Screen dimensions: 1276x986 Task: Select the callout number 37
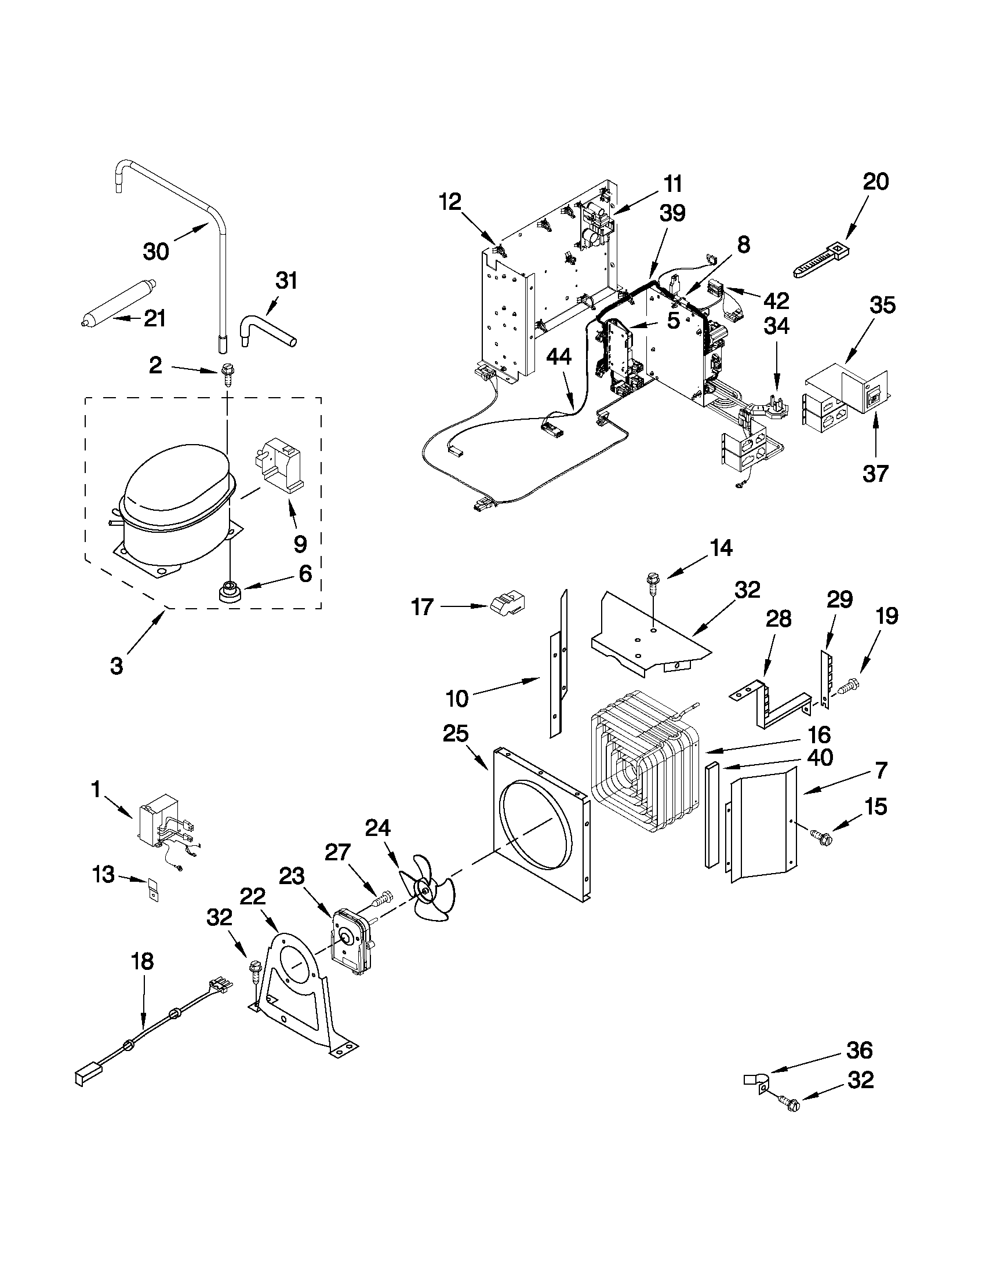click(875, 473)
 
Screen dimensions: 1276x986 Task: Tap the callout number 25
click(456, 735)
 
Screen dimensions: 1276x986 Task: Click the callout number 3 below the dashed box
click(117, 666)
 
